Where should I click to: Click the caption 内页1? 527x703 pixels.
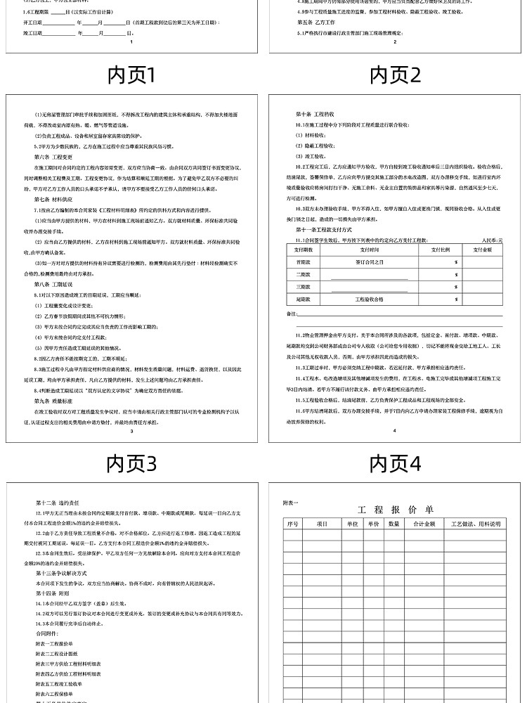point(131,75)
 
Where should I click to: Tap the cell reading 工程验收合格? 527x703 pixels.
point(370,299)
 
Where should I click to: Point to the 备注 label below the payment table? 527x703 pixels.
point(293,313)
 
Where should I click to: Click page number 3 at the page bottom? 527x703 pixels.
point(132,432)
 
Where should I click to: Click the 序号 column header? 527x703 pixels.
point(292,524)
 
